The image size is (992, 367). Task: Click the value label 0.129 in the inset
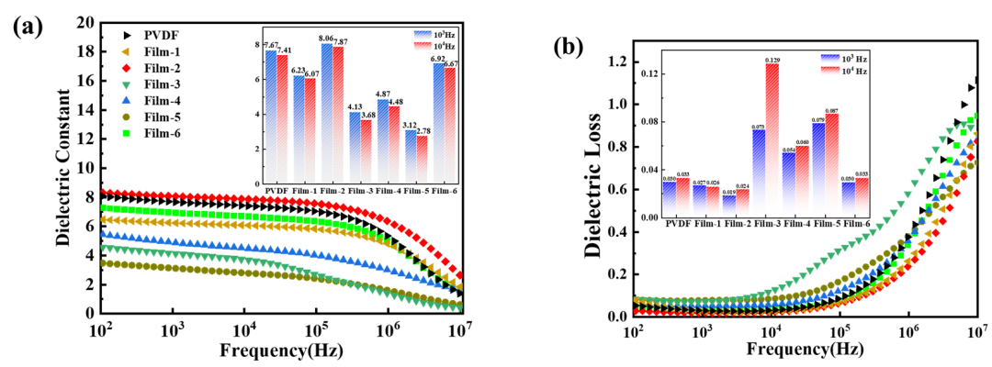[772, 60]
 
